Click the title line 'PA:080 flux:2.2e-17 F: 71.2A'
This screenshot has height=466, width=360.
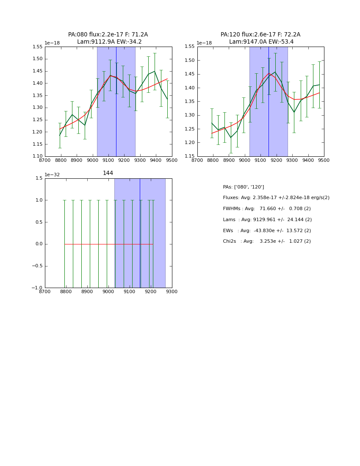point(108,35)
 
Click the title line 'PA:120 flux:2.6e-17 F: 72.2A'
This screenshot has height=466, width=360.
point(260,35)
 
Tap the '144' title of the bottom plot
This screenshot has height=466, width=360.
point(108,173)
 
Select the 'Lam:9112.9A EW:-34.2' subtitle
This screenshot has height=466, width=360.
point(109,42)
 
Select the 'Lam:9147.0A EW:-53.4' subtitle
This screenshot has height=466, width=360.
point(261,42)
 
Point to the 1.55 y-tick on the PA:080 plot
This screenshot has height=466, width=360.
point(38,47)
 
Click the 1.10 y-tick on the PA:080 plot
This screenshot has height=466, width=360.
point(38,156)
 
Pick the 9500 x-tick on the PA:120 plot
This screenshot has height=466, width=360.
point(324,161)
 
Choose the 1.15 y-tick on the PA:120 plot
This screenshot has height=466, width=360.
point(190,156)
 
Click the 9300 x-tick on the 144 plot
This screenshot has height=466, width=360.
point(172,292)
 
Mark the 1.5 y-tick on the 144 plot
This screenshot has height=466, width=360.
point(39,178)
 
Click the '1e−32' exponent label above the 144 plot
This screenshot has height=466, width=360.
point(52,175)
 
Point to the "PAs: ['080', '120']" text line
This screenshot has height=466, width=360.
point(244,187)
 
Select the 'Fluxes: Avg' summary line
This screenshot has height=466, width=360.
point(276,198)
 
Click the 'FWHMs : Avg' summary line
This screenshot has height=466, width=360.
point(267,209)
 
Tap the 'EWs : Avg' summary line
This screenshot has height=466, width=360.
point(267,231)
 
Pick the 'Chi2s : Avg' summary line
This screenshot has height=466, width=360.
point(267,241)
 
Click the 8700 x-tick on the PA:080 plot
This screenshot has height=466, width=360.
point(45,161)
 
